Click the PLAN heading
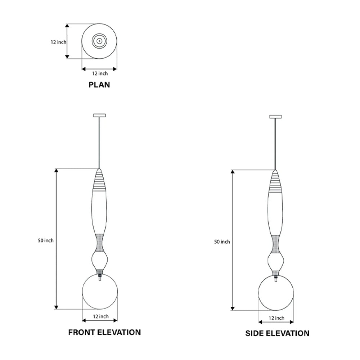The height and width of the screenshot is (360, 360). click(99, 85)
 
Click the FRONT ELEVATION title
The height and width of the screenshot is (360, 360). click(104, 332)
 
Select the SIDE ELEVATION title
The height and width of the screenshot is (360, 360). click(277, 333)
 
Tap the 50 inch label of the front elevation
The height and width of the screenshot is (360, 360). click(46, 240)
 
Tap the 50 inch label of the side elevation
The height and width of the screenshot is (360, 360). click(222, 242)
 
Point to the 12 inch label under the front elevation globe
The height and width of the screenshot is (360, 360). click(101, 316)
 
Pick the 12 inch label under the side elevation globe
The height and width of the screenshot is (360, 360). click(276, 318)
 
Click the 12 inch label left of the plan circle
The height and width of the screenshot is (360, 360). click(59, 42)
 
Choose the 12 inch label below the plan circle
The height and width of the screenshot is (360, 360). click(100, 73)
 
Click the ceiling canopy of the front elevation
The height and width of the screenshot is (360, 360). click(99, 115)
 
